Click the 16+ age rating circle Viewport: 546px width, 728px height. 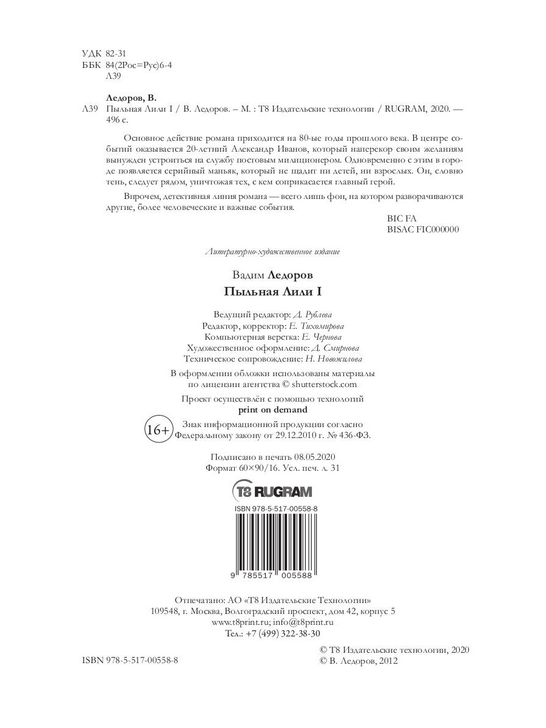point(158,430)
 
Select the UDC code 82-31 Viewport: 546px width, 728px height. point(115,53)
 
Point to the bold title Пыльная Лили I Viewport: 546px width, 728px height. point(272,291)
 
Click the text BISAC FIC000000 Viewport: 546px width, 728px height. point(422,230)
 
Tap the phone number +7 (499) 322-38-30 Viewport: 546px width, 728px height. point(281,633)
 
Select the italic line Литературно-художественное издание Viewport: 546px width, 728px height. point(272,252)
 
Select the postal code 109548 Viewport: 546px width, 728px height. point(164,611)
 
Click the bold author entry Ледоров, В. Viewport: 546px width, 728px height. point(131,98)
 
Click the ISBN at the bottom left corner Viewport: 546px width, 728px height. point(130,660)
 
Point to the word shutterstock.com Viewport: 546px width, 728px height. point(325,384)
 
